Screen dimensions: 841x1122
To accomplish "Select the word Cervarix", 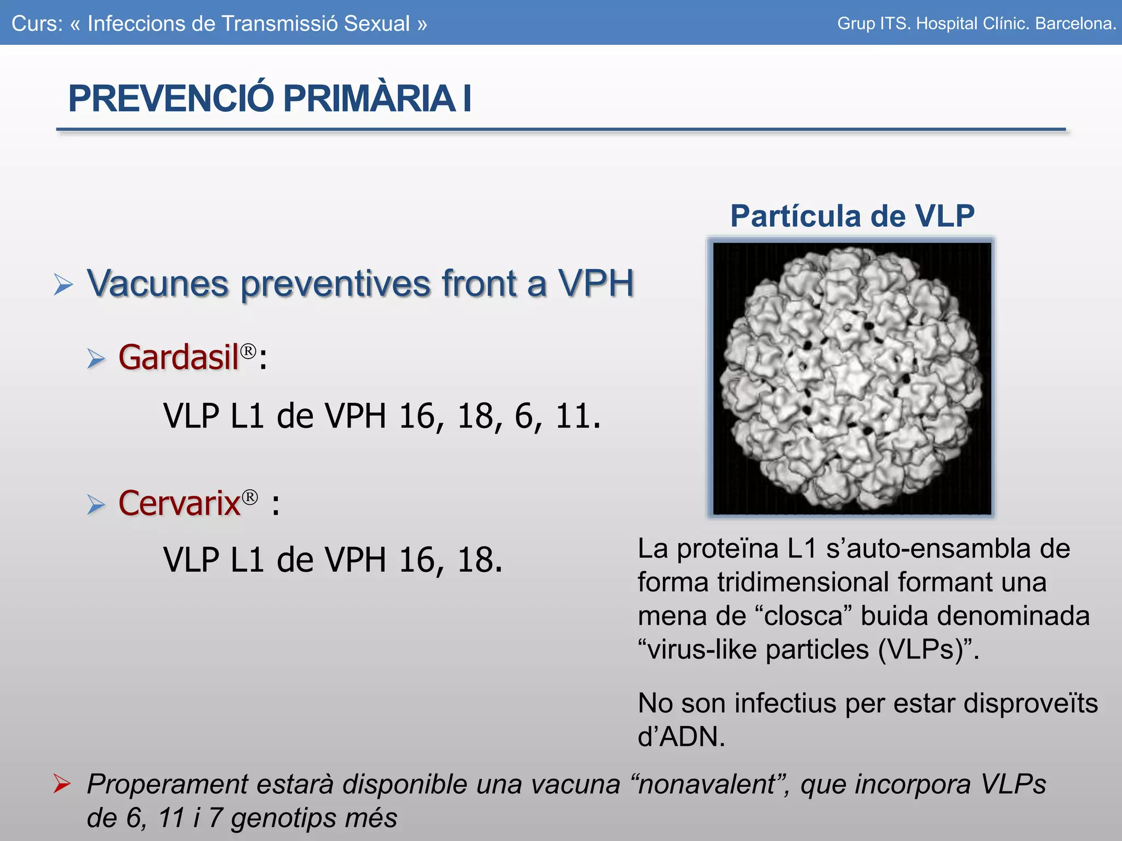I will (180, 503).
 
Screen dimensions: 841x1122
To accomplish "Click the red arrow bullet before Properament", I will (62, 784).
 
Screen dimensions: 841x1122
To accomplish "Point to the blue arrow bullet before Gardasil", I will (96, 359).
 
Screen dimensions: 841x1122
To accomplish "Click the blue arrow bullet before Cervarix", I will (96, 504).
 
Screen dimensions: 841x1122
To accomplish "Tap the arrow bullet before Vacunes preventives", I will (64, 284).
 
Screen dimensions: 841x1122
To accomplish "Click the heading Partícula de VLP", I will (852, 216).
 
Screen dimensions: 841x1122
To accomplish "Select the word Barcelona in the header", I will (1075, 24).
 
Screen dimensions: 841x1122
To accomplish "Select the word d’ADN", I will (681, 737).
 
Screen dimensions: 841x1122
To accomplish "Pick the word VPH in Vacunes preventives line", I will (596, 284).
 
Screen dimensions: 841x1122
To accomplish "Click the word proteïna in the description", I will (728, 549).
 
